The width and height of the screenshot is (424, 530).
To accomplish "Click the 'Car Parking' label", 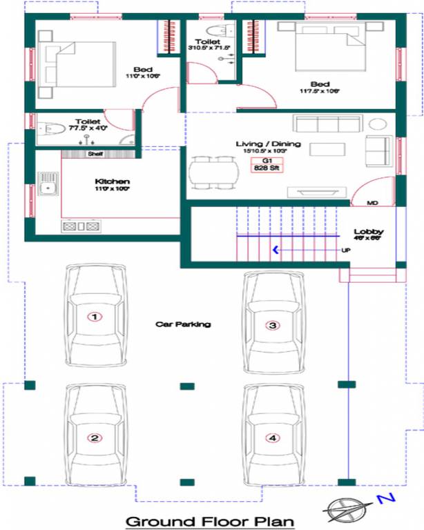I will click(x=183, y=324).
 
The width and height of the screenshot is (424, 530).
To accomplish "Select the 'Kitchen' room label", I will click(x=112, y=181).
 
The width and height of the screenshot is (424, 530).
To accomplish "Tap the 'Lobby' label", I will click(x=369, y=232).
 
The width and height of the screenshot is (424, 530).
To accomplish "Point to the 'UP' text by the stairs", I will click(x=346, y=250).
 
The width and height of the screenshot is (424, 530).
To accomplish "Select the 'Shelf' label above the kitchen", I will click(x=95, y=154).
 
